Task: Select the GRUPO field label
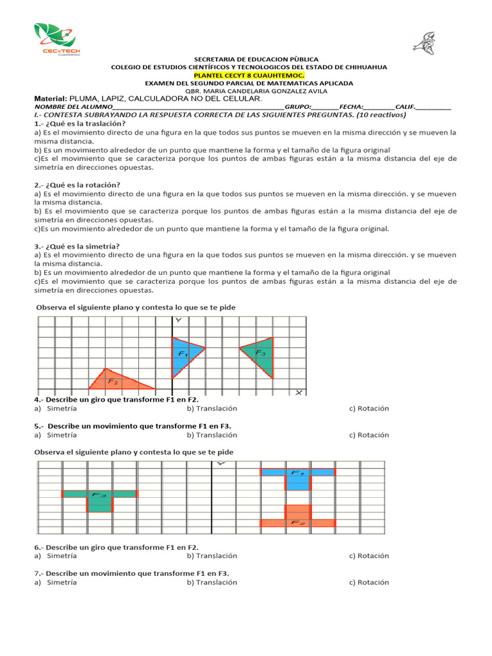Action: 298,107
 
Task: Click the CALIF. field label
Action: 405,107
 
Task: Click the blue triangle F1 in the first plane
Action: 183,356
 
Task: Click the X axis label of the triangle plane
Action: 299,392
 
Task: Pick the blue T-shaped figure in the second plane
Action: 297,477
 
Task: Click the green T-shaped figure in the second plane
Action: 99,498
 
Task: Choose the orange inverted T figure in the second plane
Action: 297,518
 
